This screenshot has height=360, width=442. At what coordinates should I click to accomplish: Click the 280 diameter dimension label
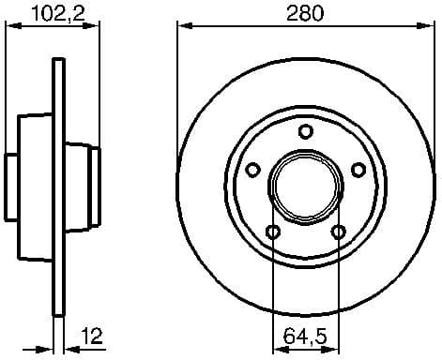(x=303, y=13)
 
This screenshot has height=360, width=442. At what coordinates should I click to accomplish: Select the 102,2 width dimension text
(x=53, y=13)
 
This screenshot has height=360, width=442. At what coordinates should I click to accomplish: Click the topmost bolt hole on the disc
(x=304, y=131)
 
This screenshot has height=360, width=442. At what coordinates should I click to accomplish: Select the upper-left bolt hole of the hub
(x=251, y=170)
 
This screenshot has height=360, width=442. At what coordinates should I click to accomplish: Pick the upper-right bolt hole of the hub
(x=358, y=170)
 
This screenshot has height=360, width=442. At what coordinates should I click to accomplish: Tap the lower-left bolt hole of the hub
(x=272, y=232)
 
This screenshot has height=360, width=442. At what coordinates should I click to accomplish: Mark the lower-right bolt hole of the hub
(x=337, y=232)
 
